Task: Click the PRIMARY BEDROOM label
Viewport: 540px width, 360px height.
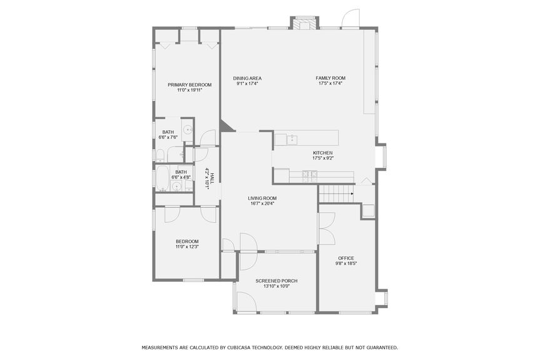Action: (190, 85)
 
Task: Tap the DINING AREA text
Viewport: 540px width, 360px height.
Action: (247, 78)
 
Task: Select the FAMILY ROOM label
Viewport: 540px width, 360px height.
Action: (330, 78)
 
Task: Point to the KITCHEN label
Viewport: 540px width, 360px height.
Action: (322, 153)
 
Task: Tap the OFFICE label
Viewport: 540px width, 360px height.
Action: (346, 258)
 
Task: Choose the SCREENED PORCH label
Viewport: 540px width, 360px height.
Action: (276, 281)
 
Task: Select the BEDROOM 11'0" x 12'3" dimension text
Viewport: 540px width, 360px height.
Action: (186, 247)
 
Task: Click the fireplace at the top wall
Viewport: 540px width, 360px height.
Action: (305, 24)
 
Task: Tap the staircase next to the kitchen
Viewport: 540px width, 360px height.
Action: (336, 194)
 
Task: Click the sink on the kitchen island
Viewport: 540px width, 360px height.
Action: (292, 138)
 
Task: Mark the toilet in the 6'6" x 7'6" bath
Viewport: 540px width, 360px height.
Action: (160, 154)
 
